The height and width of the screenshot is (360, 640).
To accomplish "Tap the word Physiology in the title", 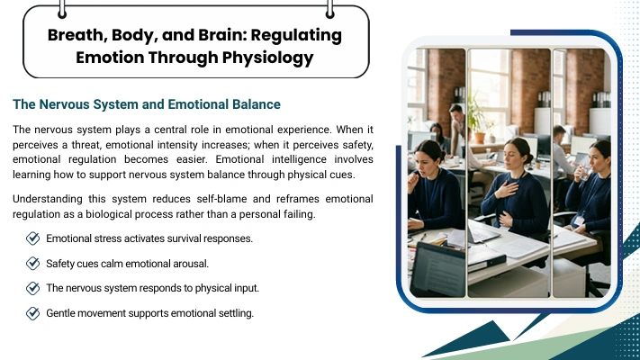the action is pos(267,58).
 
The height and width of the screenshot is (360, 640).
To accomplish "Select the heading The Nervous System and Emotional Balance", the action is pos(147,104).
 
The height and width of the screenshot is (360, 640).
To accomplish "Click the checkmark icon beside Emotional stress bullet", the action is pos(32,238).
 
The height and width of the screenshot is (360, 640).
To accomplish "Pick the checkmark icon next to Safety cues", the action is pos(32,264).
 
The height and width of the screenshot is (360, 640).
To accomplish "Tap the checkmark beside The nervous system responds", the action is pos(32,288).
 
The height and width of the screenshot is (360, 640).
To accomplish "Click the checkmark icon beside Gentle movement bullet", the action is pos(32,313).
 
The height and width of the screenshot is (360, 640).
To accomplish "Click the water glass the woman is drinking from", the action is pos(584,173).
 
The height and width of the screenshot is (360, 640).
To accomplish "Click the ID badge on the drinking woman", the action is pos(579,221).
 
